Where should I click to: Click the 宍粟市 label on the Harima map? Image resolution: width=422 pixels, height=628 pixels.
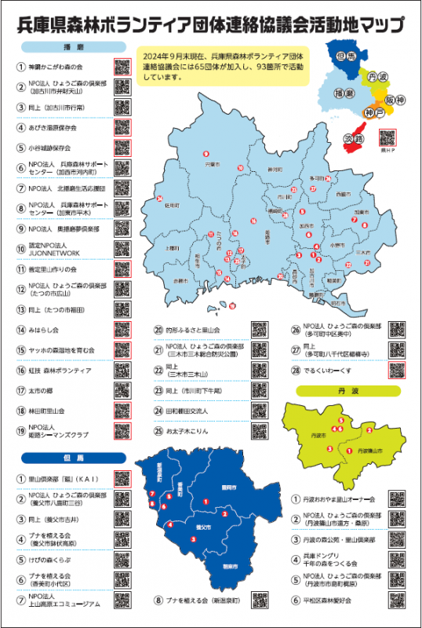point(210,166)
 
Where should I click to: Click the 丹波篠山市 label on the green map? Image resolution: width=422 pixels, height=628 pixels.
point(367,451)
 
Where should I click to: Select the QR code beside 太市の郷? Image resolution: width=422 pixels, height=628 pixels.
point(122,390)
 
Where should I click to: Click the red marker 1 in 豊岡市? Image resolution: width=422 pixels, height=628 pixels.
point(206,501)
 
